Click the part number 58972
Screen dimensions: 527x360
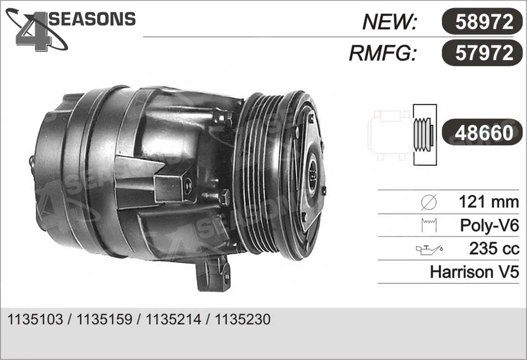pos(484,21)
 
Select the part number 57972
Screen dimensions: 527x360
pos(484,53)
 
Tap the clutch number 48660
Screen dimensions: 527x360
pos(484,133)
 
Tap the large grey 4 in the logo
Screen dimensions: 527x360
pos(33,32)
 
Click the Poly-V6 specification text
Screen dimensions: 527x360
pos(490,225)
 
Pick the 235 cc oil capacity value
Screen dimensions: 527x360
pos(494,248)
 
